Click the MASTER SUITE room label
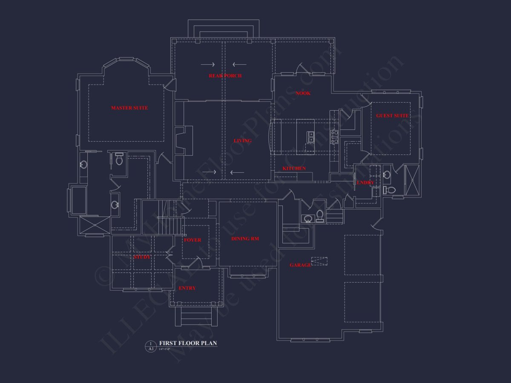coord(129,108)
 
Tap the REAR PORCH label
coord(225,76)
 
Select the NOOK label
coord(303,93)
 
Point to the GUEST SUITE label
coord(392,116)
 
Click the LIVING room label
coord(242,141)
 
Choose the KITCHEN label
coord(294,169)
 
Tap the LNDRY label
coord(365,183)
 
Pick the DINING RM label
coord(245,239)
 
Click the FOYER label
coord(192,240)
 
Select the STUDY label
coord(142,257)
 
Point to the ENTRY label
coord(187,288)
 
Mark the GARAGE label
coord(300,265)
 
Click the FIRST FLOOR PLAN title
coord(188,343)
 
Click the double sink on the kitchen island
coord(311,137)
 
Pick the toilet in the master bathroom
coord(119,160)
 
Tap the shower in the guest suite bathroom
coord(411,181)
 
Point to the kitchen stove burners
coord(335,137)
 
